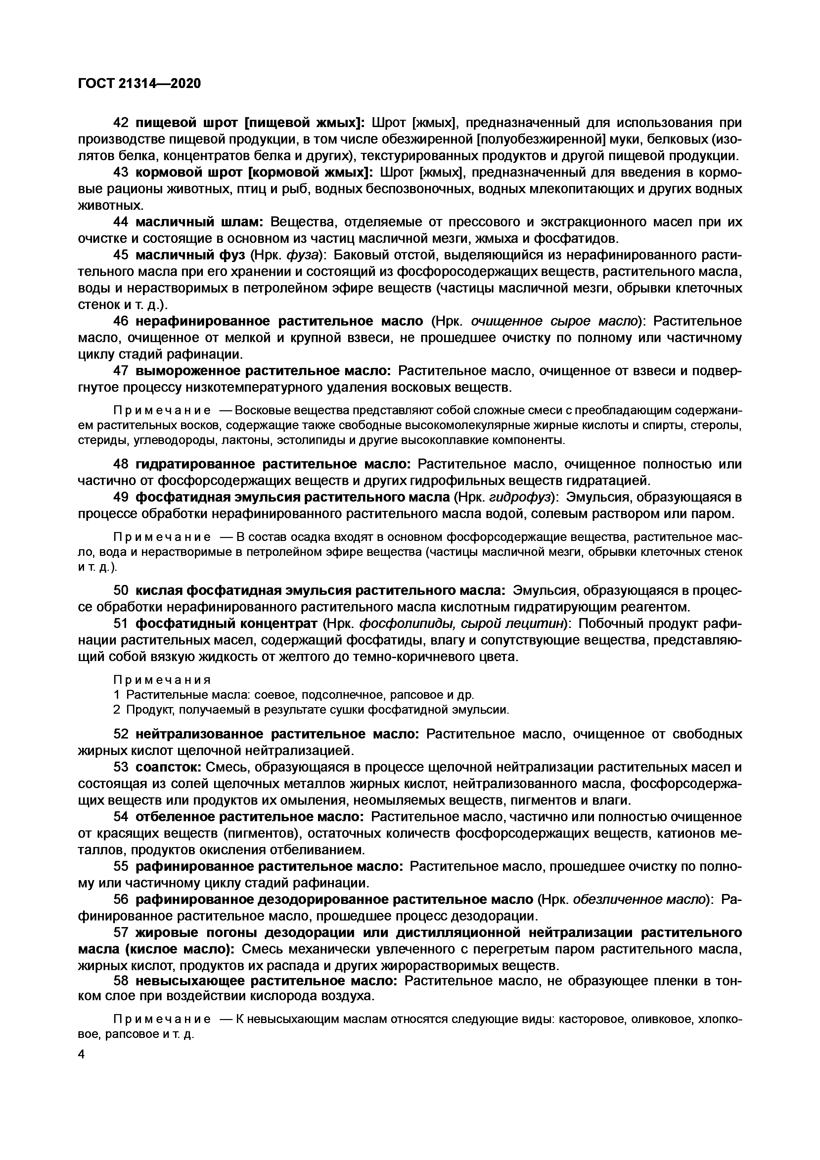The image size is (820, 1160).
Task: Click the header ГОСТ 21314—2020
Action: tap(139, 83)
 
